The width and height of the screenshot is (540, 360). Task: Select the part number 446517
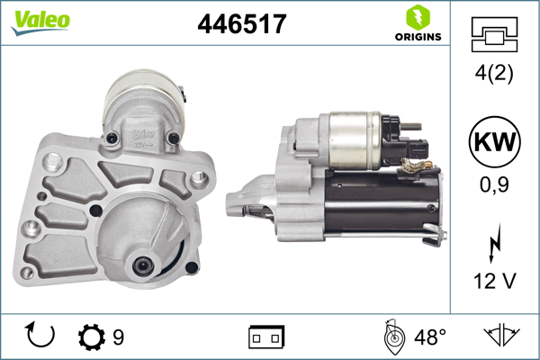[241, 25]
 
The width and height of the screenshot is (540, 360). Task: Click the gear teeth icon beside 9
[91, 337]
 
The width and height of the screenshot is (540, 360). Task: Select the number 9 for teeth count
[118, 337]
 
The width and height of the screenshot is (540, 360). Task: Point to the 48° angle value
[429, 337]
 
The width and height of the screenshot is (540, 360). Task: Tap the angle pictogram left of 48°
[393, 337]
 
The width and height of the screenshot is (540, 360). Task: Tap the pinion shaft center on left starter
[142, 265]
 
